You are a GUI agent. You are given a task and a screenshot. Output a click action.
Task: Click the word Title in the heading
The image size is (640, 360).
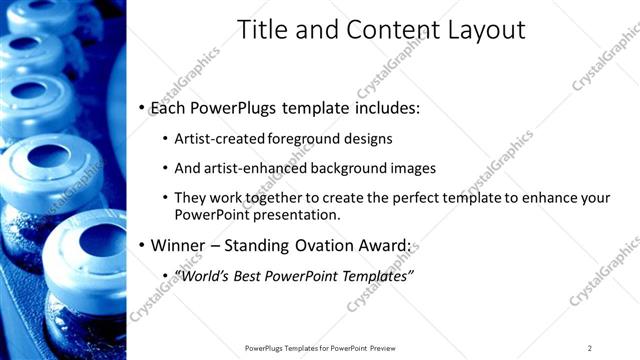[261, 31]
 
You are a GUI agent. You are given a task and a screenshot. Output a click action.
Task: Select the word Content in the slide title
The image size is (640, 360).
[385, 31]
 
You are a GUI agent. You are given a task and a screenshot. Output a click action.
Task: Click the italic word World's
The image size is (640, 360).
[205, 275]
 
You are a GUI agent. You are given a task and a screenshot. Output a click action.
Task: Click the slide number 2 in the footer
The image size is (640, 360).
[590, 348]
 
